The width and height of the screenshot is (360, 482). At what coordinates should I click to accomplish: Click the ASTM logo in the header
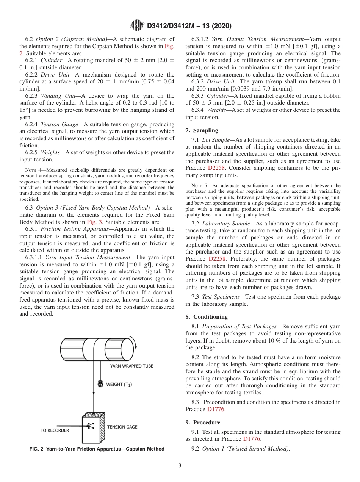[137, 26]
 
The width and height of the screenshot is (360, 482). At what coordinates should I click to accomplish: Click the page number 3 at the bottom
[180, 465]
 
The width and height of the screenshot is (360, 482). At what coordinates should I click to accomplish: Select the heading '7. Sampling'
[202, 130]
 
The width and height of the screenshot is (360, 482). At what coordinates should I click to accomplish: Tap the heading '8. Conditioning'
[207, 317]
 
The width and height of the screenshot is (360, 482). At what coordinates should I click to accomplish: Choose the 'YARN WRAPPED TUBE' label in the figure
[131, 366]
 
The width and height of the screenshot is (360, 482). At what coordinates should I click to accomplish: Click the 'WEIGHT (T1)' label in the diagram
[119, 384]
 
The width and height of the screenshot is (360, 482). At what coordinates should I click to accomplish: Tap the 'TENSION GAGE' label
[122, 427]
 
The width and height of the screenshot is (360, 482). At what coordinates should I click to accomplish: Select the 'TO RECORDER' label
[55, 430]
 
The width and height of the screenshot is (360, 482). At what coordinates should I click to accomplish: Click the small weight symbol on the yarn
[101, 383]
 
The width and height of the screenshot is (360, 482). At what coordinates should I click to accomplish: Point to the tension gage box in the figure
[93, 430]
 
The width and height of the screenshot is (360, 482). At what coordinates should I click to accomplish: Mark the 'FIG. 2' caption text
[97, 449]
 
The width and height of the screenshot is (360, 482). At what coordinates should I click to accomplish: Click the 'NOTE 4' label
[32, 170]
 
